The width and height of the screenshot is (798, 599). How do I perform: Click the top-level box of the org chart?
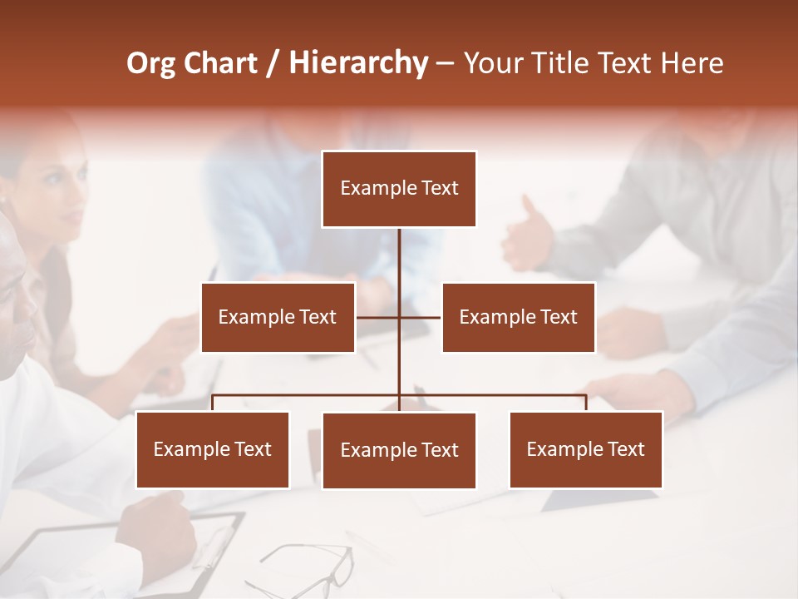point(399,189)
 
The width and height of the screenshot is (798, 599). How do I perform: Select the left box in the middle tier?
point(278,317)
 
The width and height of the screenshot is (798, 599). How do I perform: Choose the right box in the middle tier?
point(518,317)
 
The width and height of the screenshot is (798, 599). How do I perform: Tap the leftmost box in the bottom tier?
point(213,449)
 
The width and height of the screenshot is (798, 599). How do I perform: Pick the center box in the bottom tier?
point(399,450)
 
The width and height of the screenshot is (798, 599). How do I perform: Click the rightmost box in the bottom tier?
point(585,449)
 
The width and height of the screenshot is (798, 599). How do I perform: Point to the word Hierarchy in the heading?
point(357,63)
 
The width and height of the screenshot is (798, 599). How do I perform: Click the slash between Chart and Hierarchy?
point(272,63)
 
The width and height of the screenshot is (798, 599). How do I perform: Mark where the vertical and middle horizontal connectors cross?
point(399,317)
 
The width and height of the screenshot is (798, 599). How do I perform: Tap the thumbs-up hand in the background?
point(527,233)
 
